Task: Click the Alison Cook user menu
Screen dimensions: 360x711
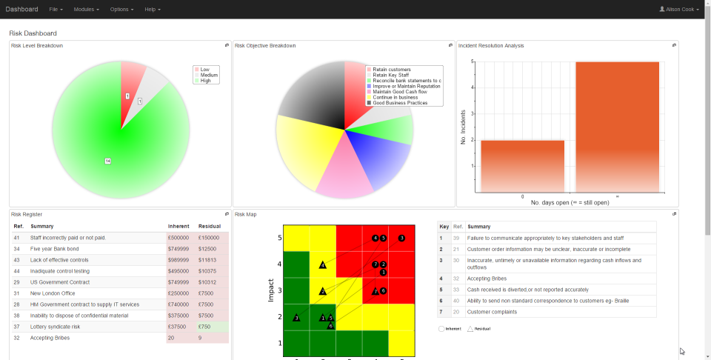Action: point(679,9)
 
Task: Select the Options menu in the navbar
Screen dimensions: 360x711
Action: point(121,9)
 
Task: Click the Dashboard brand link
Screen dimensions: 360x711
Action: point(21,9)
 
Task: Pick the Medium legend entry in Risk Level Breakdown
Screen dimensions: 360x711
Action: point(208,75)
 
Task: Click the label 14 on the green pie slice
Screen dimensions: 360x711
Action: point(107,161)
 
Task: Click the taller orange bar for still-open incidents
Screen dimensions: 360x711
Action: point(617,126)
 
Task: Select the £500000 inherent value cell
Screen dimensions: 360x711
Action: point(178,238)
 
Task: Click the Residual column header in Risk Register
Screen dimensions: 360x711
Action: point(210,226)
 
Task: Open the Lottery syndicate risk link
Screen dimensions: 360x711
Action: point(55,326)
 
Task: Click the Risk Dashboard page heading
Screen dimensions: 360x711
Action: point(33,33)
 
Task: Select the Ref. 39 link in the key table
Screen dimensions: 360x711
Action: point(457,238)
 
